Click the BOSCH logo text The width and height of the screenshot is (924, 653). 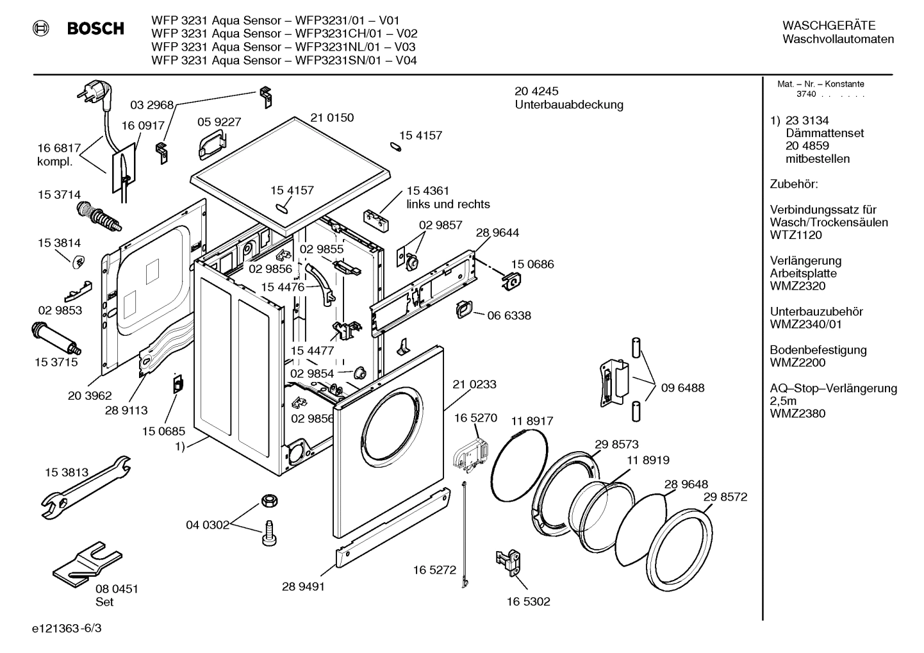[x=95, y=29]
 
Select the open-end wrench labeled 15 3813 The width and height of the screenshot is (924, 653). [x=83, y=486]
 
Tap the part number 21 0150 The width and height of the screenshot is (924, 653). [x=332, y=118]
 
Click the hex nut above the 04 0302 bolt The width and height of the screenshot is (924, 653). [x=268, y=500]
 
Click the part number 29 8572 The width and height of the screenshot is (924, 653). [x=725, y=497]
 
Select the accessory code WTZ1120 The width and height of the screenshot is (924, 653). [x=796, y=235]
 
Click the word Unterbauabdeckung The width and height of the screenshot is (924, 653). [x=569, y=105]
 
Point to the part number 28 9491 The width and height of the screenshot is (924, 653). [x=303, y=586]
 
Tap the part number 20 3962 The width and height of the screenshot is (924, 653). [x=90, y=396]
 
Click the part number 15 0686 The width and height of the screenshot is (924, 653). [x=532, y=265]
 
